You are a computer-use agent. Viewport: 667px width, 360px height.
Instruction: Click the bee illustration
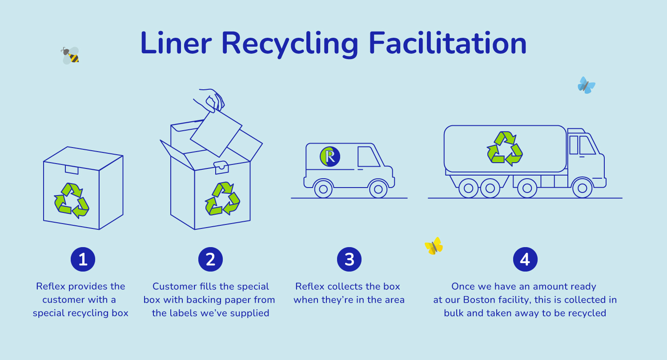click(x=70, y=56)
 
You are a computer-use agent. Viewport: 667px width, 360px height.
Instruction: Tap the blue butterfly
click(x=586, y=85)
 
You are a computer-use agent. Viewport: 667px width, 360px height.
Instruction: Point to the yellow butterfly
click(x=434, y=246)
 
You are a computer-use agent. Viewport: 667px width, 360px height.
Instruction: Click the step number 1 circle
click(x=83, y=259)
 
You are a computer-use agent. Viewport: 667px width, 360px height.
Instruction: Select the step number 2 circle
click(x=210, y=259)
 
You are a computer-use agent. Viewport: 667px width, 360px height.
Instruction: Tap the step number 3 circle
click(x=349, y=259)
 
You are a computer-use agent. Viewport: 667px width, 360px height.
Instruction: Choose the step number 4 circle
click(x=525, y=259)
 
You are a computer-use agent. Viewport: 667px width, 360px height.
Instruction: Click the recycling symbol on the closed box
click(x=72, y=200)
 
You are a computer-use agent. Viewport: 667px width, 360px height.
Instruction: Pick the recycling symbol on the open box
click(x=222, y=199)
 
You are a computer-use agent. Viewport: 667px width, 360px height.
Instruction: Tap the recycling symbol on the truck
click(x=505, y=148)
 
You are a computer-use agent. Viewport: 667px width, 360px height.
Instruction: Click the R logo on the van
click(x=330, y=156)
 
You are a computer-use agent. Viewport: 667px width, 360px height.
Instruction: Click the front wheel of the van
click(x=378, y=189)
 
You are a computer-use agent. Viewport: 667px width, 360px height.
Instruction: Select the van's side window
click(x=368, y=156)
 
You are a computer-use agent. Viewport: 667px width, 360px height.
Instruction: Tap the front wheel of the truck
click(x=582, y=188)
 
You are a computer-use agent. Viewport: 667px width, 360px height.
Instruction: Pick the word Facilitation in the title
click(x=447, y=43)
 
